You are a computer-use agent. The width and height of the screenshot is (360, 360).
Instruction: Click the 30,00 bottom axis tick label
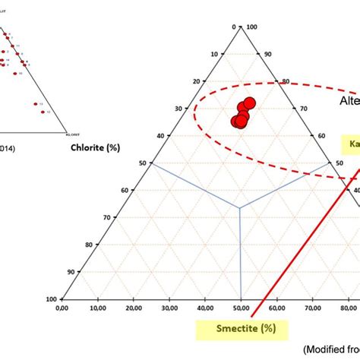click(169, 308)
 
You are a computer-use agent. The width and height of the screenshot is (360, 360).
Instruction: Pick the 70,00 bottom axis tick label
click(312, 308)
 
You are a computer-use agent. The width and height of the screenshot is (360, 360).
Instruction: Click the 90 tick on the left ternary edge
click(72, 271)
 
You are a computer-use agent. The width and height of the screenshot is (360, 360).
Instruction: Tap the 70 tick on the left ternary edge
click(108, 217)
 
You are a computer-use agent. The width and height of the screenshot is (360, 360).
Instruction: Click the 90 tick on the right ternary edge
click(267, 54)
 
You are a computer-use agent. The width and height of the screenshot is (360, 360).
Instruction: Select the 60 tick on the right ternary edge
click(321, 136)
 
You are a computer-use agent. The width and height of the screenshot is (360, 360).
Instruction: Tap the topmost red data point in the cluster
click(249, 103)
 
